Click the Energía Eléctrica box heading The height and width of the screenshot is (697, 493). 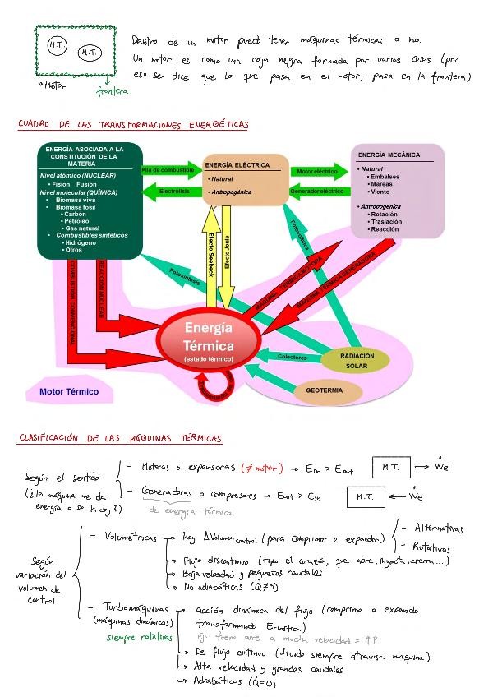tap(237, 165)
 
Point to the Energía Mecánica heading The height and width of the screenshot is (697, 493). tap(389, 155)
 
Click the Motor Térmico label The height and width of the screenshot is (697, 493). tap(69, 391)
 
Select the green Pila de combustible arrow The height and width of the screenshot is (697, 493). tap(168, 171)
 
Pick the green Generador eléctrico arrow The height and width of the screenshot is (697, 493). tap(317, 192)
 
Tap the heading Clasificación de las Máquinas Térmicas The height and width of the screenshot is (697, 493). tap(120, 438)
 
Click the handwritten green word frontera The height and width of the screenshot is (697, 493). tap(112, 91)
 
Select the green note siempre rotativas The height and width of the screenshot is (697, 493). tap(139, 636)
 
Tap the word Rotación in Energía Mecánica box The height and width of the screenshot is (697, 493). tap(385, 214)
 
